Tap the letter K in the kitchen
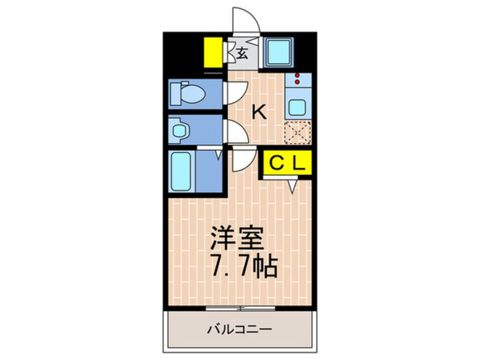click(x=259, y=112)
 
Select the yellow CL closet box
click(x=287, y=164)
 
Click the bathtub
click(x=182, y=171)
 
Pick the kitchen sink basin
click(x=297, y=107)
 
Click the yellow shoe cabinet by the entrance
click(x=213, y=52)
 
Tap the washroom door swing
click(x=236, y=132)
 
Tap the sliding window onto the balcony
click(x=239, y=308)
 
